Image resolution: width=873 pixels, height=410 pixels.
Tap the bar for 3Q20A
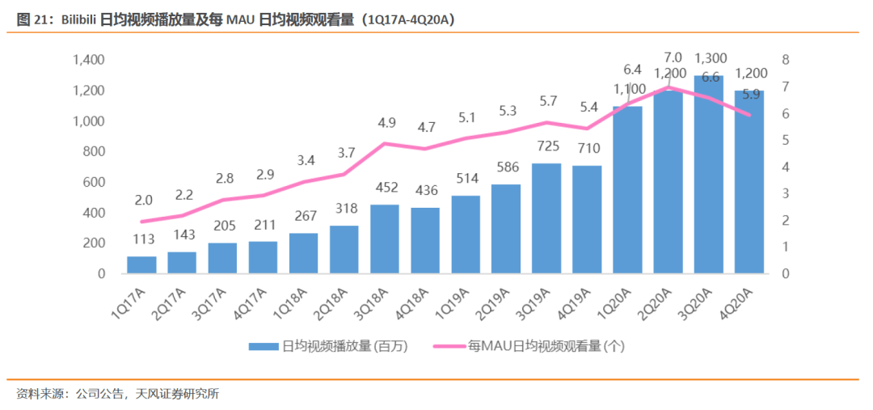point(709,174)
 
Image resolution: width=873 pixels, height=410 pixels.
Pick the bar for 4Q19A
point(587,219)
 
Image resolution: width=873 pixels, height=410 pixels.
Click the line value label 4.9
point(385,123)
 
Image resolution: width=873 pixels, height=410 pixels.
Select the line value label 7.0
point(673,57)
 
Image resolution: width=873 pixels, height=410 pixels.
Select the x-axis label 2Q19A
point(494,302)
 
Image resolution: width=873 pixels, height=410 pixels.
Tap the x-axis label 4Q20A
point(737,302)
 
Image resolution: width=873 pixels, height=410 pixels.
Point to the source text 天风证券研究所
point(179,394)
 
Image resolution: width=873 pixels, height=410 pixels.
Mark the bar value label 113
point(142,240)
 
